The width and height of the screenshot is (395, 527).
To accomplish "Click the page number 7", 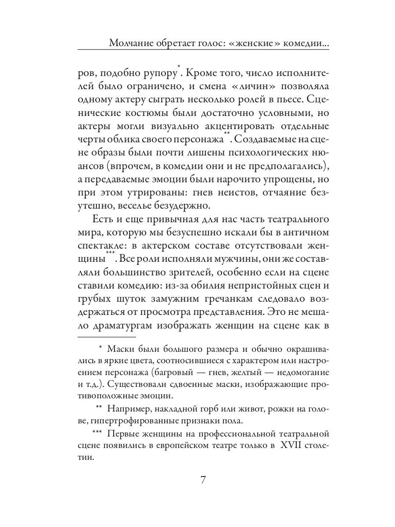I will [x=203, y=480].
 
